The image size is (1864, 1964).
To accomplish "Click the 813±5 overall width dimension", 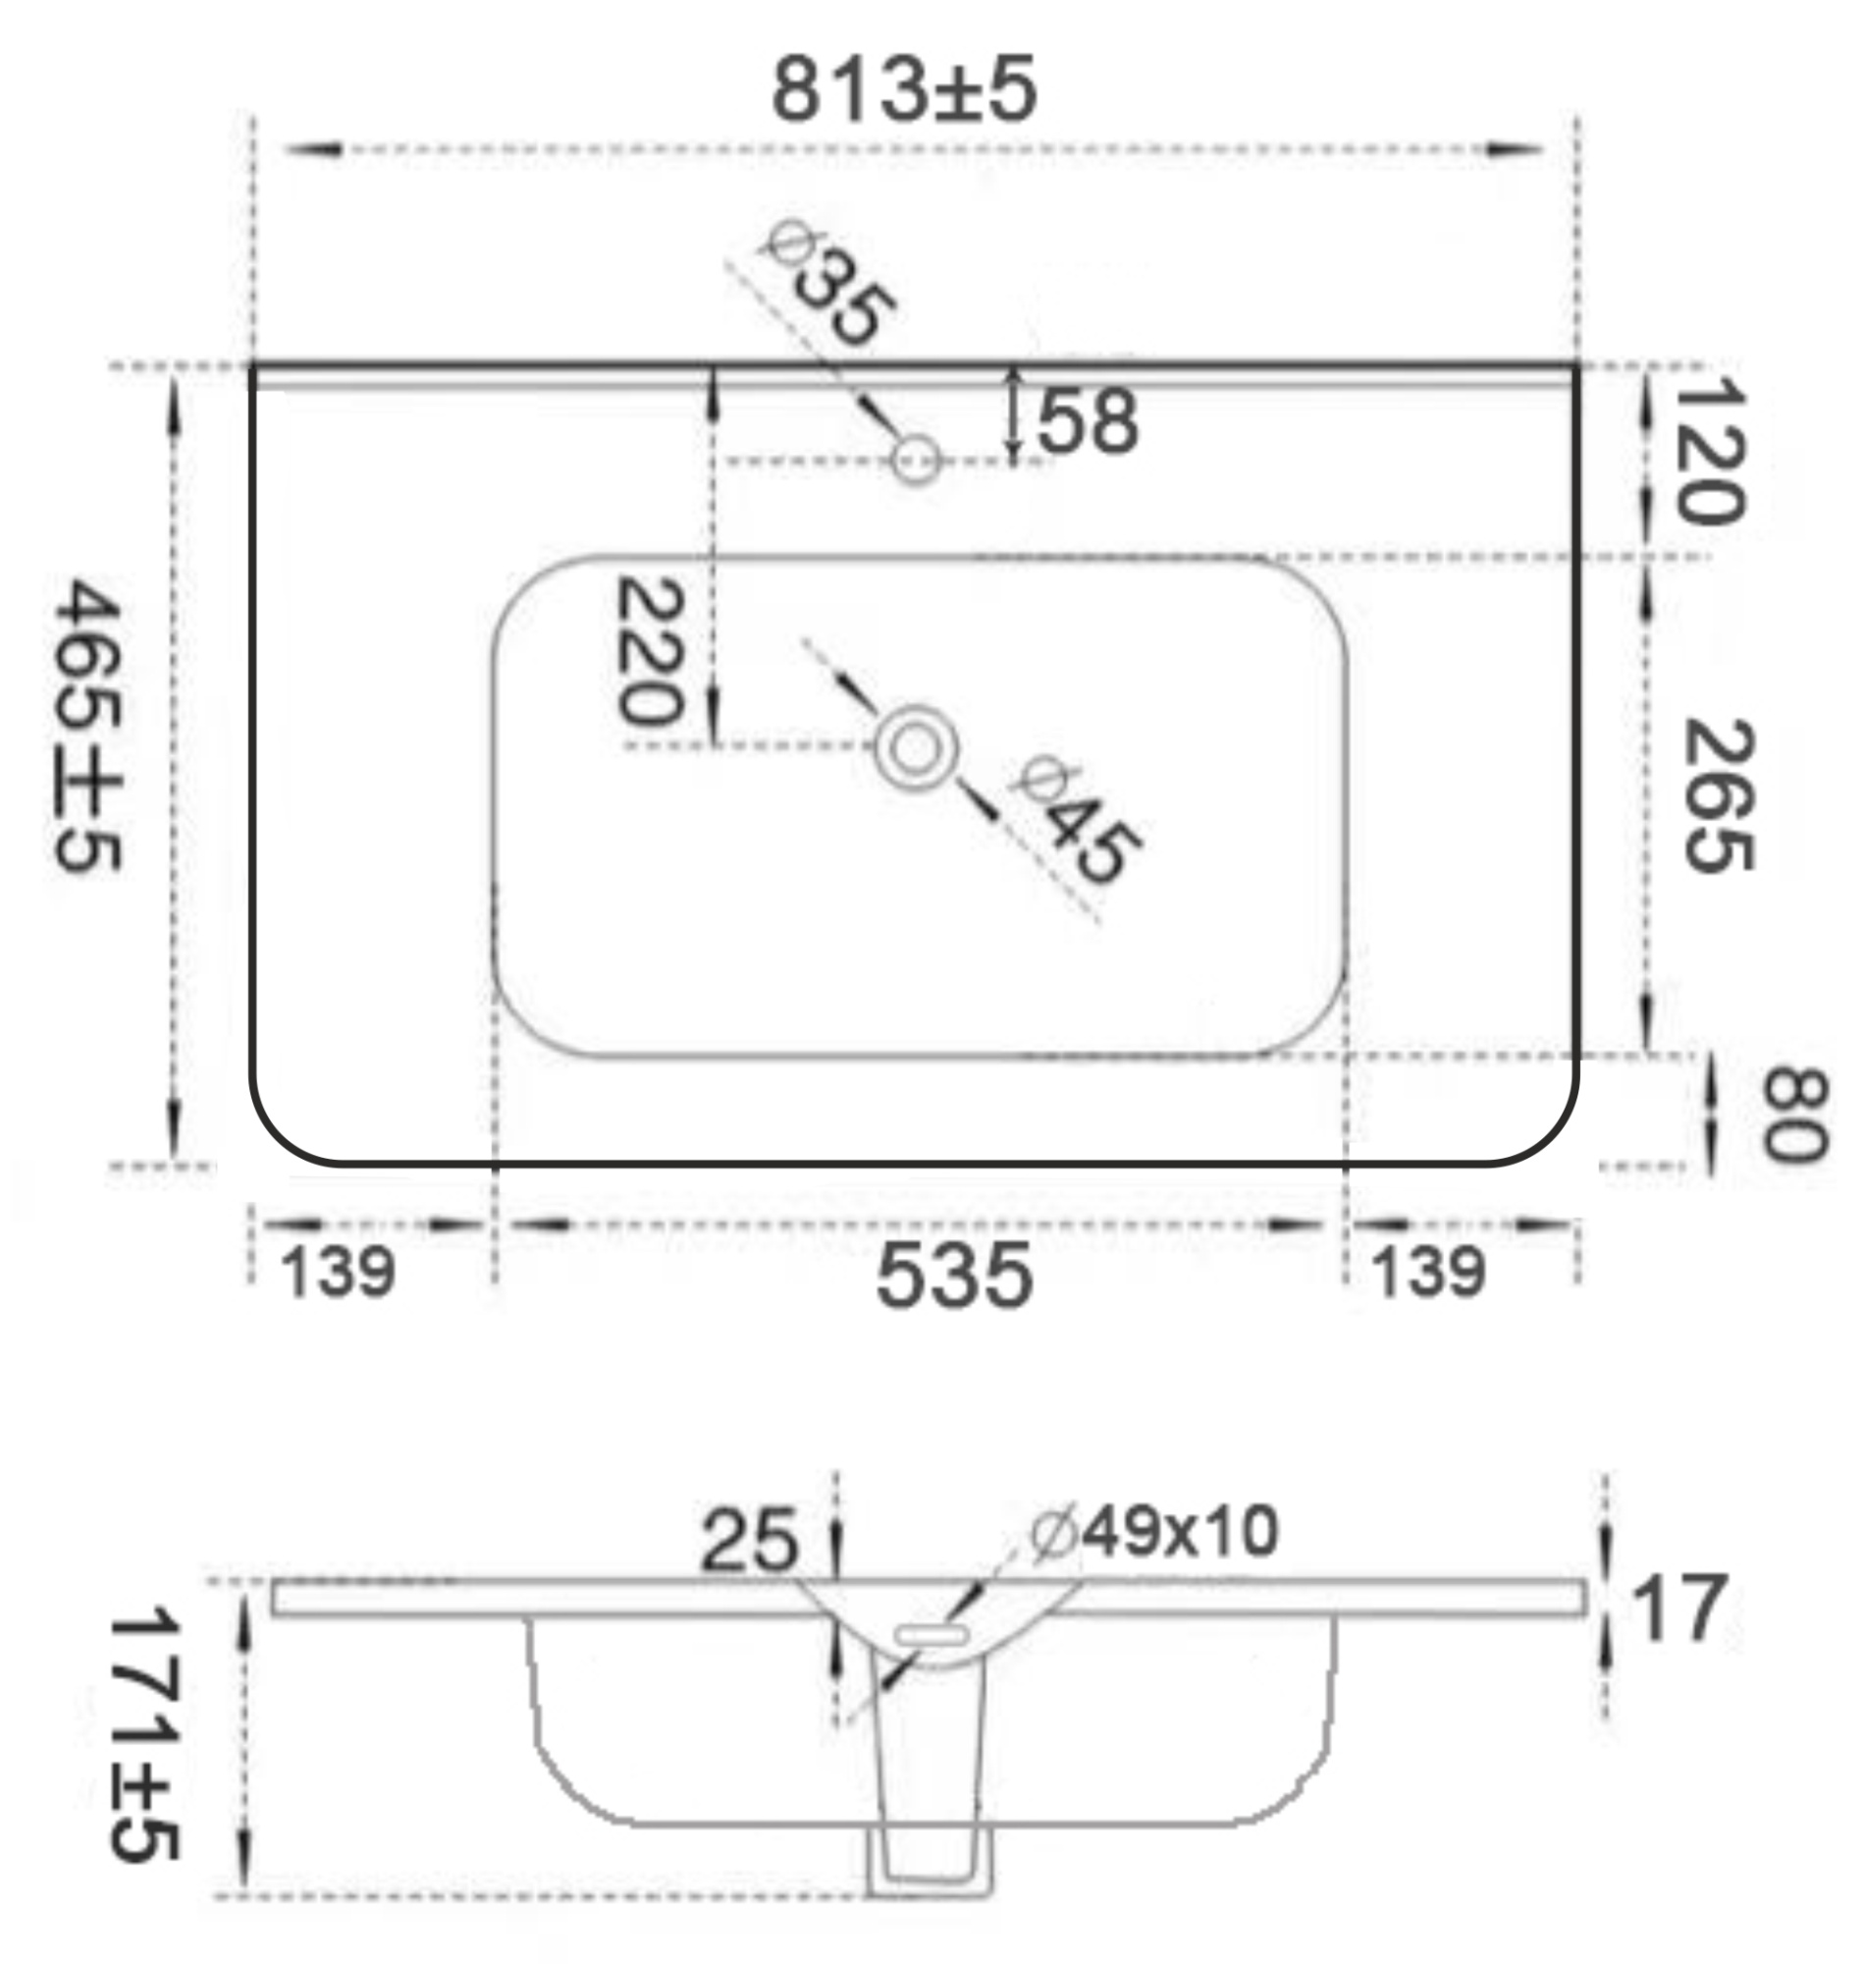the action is click(904, 89).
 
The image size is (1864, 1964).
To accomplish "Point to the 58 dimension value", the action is click(1088, 422).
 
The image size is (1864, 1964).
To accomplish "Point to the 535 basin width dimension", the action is click(954, 1277).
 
